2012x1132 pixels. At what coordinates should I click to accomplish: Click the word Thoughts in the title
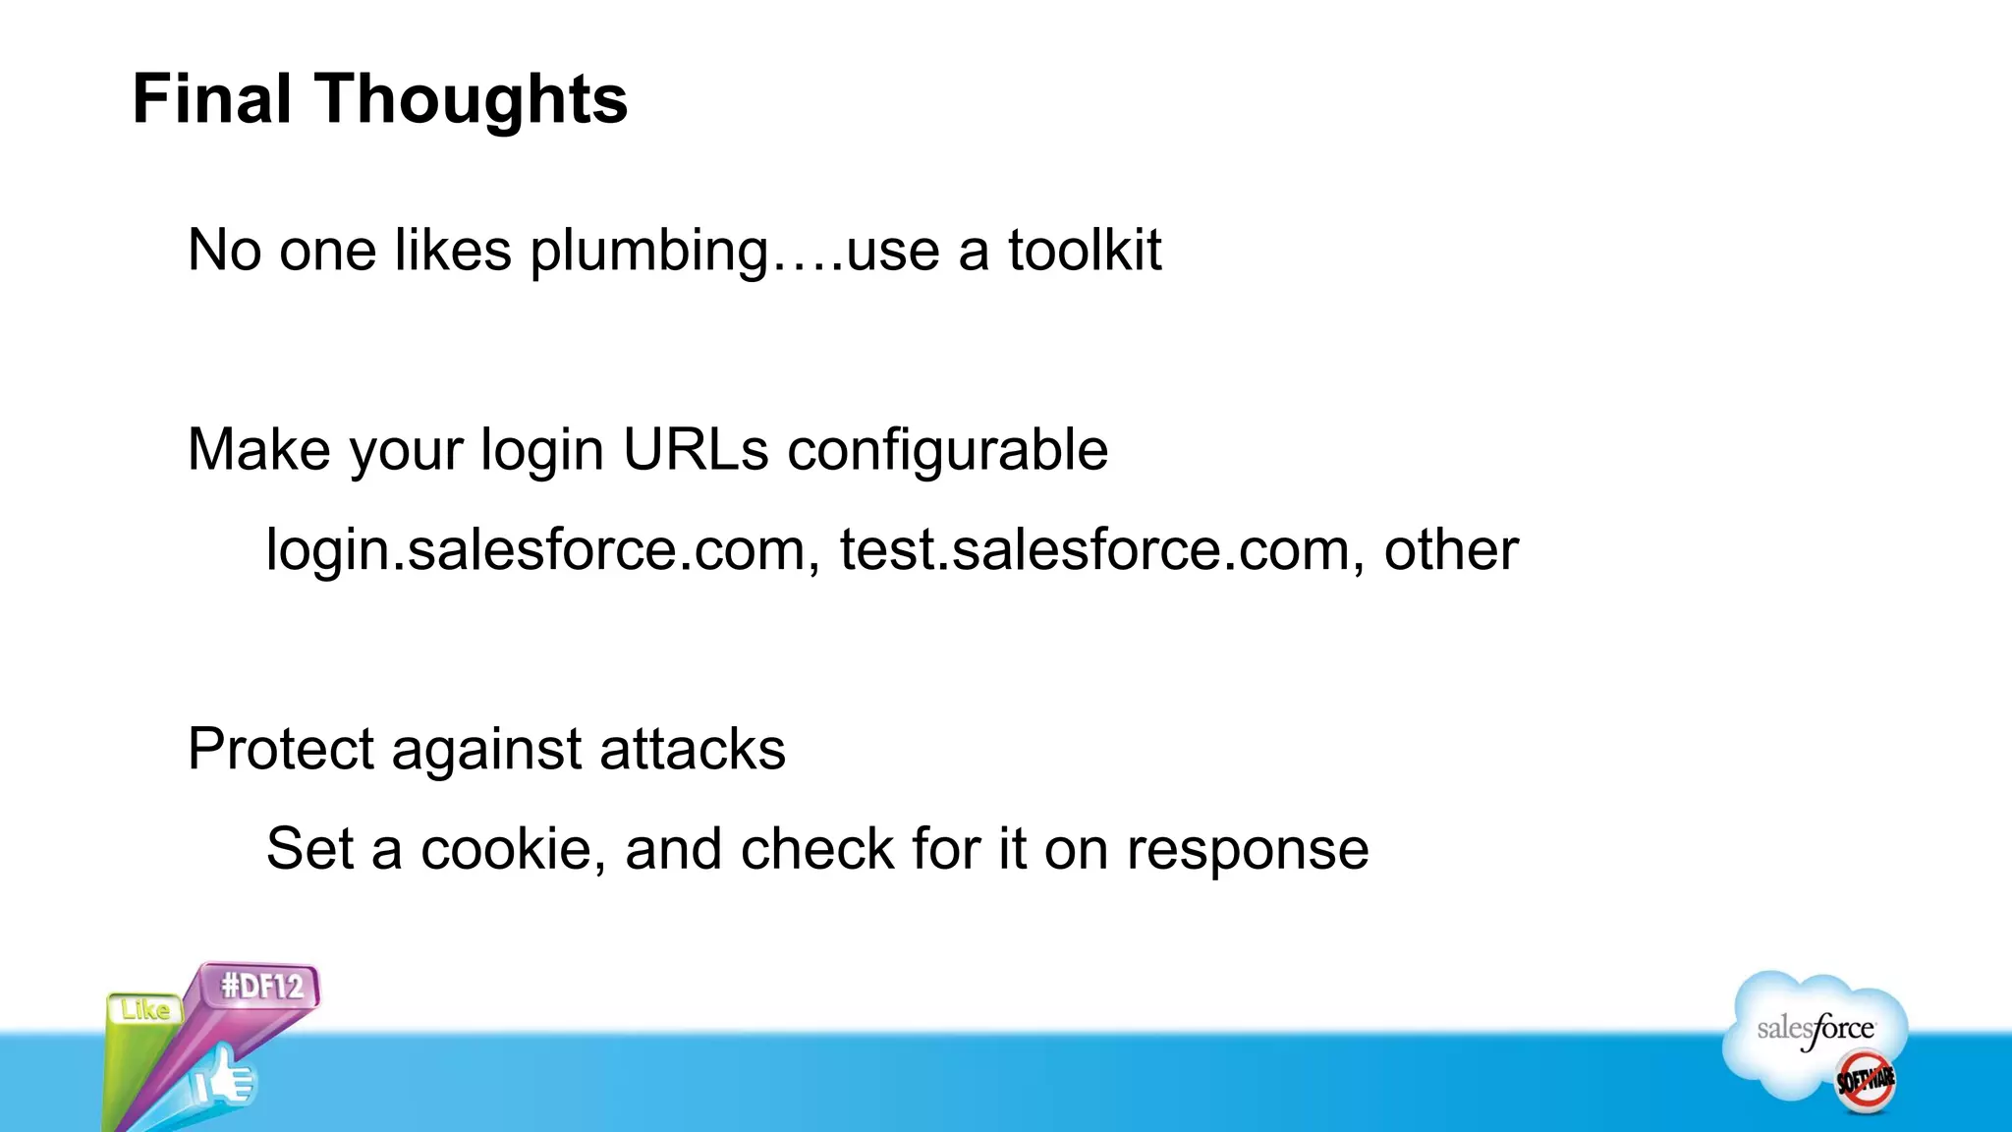pyautogui.click(x=471, y=99)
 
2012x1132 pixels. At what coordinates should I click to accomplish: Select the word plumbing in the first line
pyautogui.click(x=648, y=252)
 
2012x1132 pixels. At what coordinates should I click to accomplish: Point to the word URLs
pyautogui.click(x=696, y=450)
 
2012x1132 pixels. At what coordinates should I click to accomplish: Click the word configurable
pyautogui.click(x=947, y=452)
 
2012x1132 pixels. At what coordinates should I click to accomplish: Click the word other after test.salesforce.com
pyautogui.click(x=1451, y=550)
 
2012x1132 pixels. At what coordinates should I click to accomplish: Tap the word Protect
pyautogui.click(x=281, y=750)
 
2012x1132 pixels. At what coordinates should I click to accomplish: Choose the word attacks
pyautogui.click(x=693, y=750)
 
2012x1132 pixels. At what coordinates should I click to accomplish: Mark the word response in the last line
pyautogui.click(x=1247, y=852)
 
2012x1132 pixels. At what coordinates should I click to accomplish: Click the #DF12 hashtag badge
pyautogui.click(x=262, y=986)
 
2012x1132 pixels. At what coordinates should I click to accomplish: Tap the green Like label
pyautogui.click(x=145, y=1010)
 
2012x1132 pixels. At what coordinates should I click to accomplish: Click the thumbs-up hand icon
pyautogui.click(x=224, y=1079)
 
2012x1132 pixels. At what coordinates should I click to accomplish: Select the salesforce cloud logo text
pyautogui.click(x=1816, y=1029)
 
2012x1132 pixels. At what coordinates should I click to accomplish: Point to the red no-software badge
pyautogui.click(x=1866, y=1080)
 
